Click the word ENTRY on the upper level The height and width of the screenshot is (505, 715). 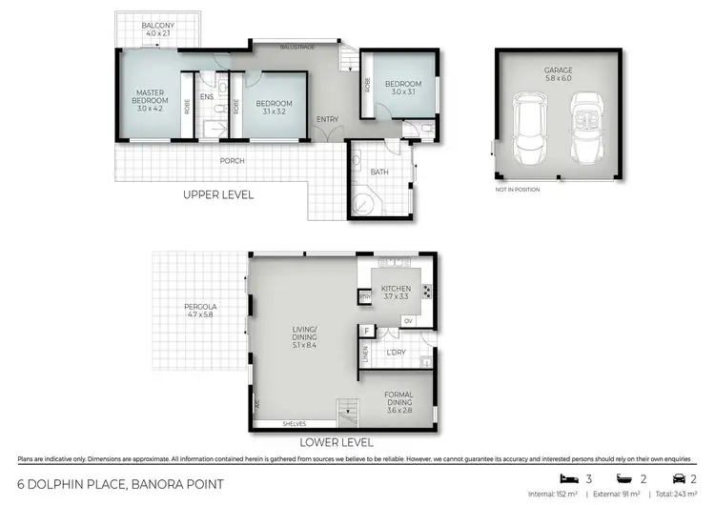click(x=328, y=119)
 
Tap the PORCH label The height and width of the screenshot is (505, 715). click(x=232, y=161)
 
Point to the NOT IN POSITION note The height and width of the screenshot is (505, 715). click(x=518, y=190)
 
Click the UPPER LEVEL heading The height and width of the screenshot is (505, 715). click(x=218, y=194)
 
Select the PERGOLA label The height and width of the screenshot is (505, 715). click(x=200, y=307)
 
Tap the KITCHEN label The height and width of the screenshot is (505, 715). click(x=396, y=288)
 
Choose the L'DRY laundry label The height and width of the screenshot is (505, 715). click(x=397, y=353)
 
